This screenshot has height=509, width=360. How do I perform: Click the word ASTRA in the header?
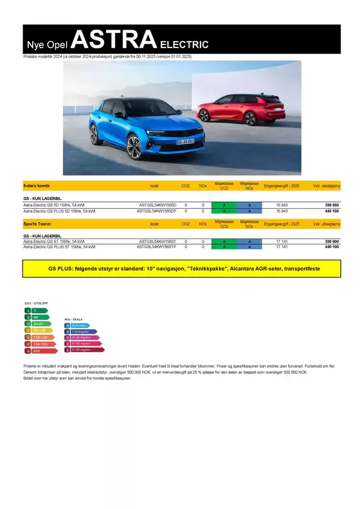coord(114,40)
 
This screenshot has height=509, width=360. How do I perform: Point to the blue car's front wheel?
coord(134,147)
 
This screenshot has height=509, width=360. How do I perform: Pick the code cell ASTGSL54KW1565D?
coord(157,206)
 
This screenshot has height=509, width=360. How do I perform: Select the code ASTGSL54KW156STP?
coord(157,247)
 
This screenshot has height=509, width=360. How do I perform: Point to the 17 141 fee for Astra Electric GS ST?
coord(282,242)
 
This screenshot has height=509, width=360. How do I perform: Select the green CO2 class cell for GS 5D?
coord(224,206)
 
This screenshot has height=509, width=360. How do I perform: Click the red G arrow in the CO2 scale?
coord(35,350)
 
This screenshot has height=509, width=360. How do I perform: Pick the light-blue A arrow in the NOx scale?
coord(76,325)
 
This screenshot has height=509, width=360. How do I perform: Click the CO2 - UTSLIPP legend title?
coord(36,303)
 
